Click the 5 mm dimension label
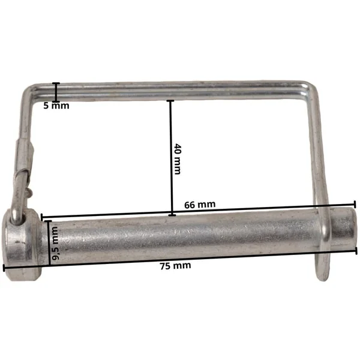56,106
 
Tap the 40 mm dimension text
177,159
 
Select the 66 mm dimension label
200,205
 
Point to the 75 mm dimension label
175,266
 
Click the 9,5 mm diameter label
55,244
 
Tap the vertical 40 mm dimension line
171,158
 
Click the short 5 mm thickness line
56,92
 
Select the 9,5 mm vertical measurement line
49,243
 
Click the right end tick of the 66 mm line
355,205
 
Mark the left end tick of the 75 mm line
4,268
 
